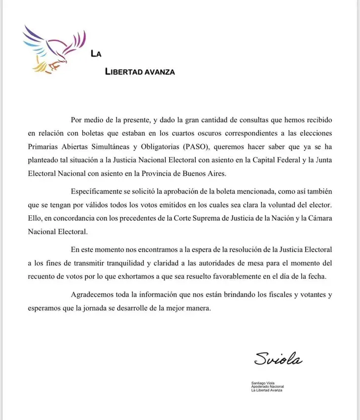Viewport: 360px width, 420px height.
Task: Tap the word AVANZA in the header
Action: pos(159,72)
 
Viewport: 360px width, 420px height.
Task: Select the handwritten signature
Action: pos(278,359)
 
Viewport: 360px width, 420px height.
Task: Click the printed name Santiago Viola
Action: pos(263,383)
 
